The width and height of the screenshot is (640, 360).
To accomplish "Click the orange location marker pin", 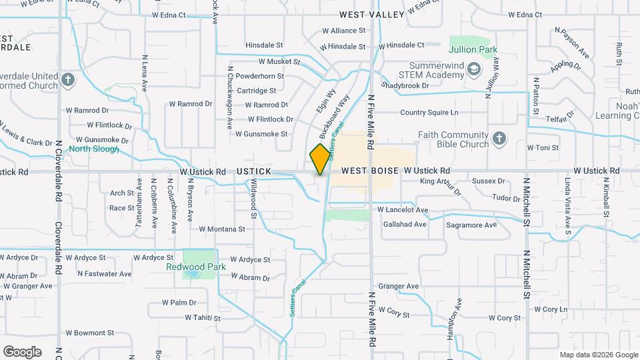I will click(x=320, y=159).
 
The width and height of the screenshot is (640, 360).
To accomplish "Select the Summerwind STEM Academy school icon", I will click(x=473, y=68).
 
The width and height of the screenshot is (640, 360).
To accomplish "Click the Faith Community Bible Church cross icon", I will click(x=499, y=139).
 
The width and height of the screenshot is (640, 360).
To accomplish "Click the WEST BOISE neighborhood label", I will click(x=371, y=171).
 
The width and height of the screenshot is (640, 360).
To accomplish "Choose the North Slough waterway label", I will click(x=94, y=149).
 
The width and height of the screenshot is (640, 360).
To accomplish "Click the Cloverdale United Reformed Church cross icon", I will click(x=67, y=81).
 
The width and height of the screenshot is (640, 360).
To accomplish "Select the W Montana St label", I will click(x=222, y=229).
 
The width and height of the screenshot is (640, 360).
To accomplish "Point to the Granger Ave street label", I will click(x=398, y=286).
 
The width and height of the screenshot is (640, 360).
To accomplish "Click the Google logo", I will click(x=22, y=351).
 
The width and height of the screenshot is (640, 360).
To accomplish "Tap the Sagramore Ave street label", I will click(x=471, y=225).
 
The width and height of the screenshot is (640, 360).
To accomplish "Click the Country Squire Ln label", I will click(x=429, y=113).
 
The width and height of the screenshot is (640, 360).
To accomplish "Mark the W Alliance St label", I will click(x=343, y=31).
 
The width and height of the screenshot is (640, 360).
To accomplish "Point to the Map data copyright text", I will click(x=598, y=355).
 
